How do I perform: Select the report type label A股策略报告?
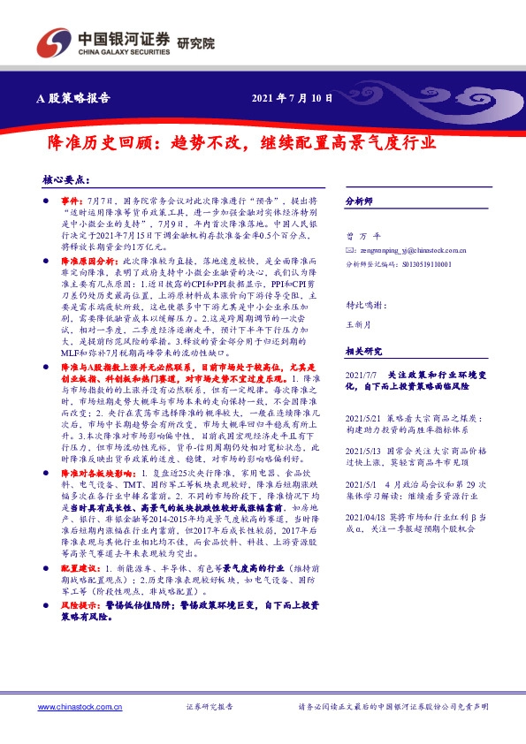(x=79, y=98)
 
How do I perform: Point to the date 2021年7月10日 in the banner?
(x=293, y=98)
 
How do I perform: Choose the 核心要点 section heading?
(x=66, y=178)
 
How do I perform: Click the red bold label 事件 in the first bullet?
(x=72, y=202)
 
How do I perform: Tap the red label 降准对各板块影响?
(x=94, y=474)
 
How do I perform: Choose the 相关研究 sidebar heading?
(x=362, y=352)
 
